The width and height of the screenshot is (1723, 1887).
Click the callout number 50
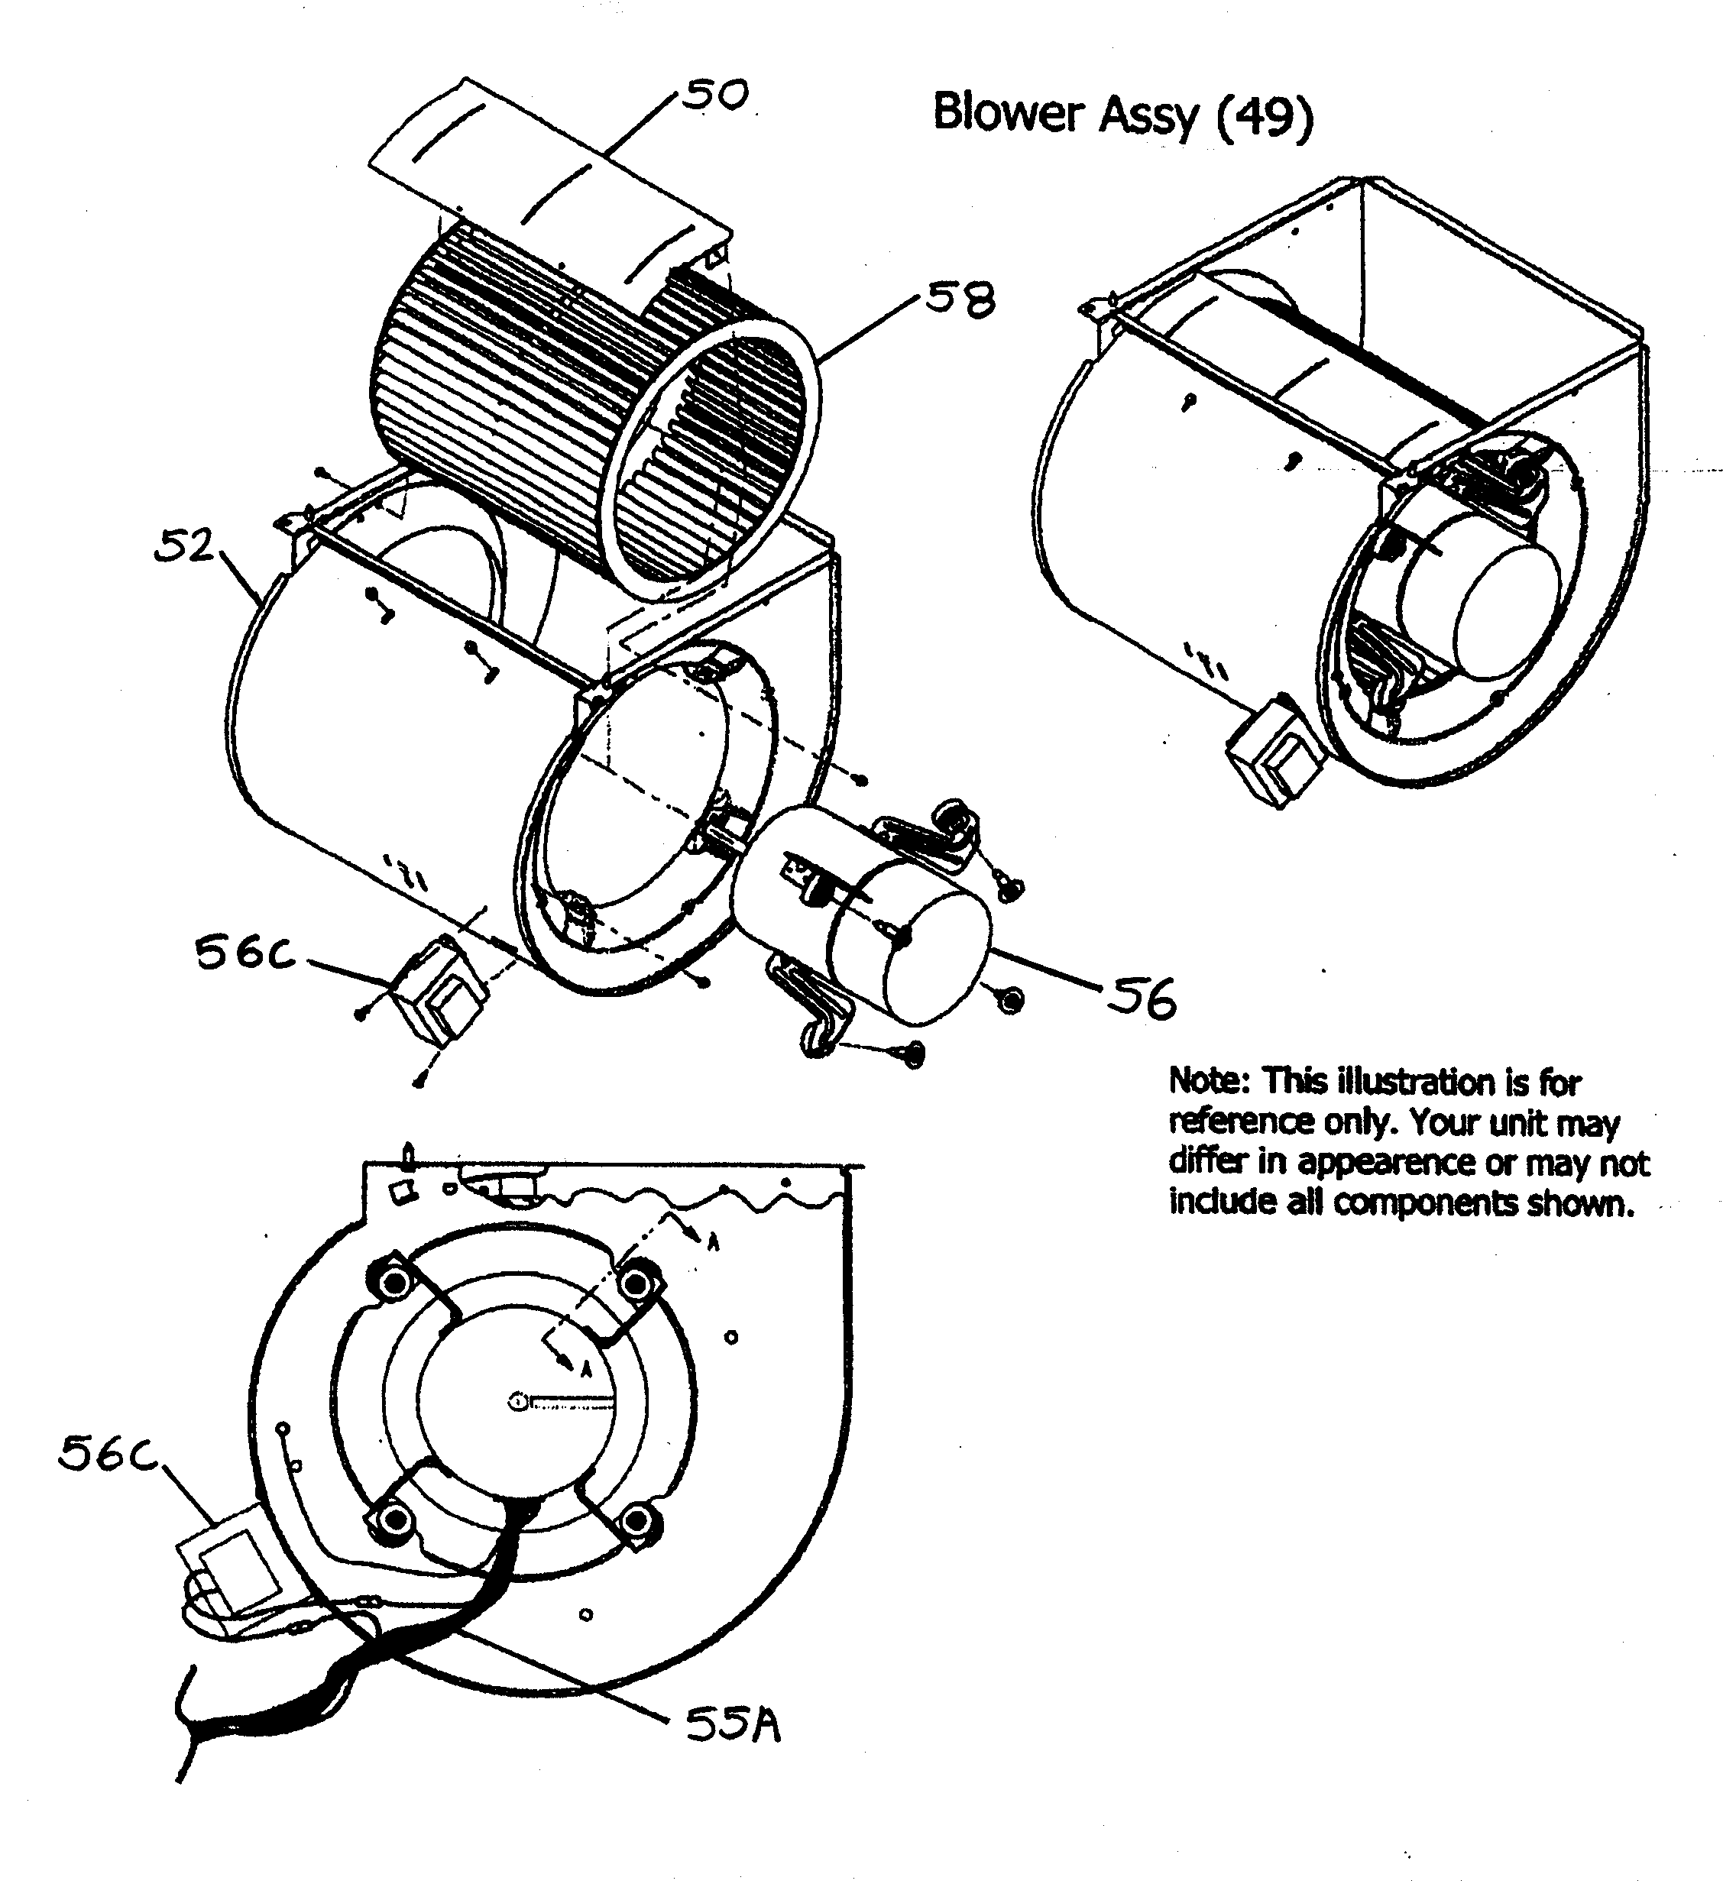point(714,95)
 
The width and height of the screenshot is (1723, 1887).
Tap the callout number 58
point(960,302)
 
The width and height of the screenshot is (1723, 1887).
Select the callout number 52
point(183,547)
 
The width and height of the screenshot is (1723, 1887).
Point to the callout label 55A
point(733,1725)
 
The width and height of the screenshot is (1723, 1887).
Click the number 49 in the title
point(1264,115)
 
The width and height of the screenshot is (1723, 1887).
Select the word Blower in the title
point(1008,113)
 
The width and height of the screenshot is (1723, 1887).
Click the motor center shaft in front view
point(516,1401)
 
